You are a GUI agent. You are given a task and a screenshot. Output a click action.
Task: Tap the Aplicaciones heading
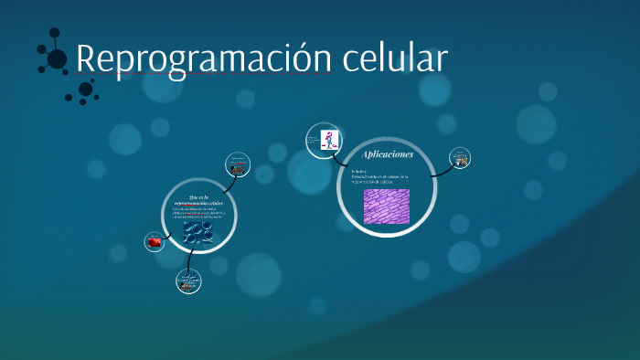(387, 154)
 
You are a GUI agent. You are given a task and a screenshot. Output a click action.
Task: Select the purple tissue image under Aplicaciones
(386, 206)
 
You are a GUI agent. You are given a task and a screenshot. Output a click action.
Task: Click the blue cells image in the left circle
(197, 233)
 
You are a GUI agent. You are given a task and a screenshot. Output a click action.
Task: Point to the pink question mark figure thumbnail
(326, 140)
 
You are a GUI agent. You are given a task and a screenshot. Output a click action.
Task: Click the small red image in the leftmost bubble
(155, 242)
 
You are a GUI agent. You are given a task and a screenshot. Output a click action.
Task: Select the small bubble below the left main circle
(189, 281)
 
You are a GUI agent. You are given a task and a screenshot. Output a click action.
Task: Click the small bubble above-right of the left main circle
(238, 165)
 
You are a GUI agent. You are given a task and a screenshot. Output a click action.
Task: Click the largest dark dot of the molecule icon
(57, 59)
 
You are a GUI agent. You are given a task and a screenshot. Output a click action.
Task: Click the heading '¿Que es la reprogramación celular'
(199, 199)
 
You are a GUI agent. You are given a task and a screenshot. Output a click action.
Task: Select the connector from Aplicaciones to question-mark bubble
(347, 153)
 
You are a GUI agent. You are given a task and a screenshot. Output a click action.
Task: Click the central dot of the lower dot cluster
(85, 89)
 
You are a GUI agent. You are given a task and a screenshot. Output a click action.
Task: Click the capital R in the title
(85, 58)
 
